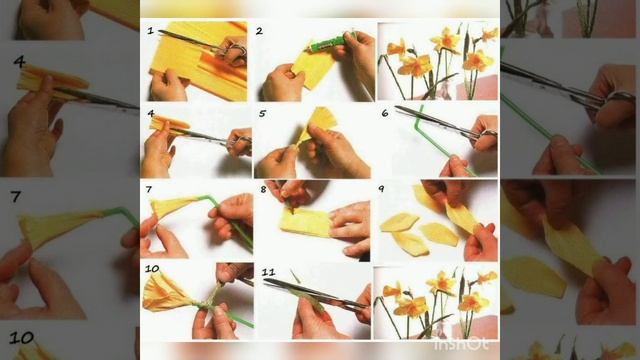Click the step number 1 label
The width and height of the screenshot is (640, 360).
tap(151, 31)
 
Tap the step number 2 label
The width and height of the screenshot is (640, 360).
tap(260, 31)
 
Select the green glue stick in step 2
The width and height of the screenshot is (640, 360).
tap(327, 43)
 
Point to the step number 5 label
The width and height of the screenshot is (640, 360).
tap(262, 113)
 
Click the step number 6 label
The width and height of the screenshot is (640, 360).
tap(384, 113)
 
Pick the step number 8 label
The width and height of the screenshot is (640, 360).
tap(263, 189)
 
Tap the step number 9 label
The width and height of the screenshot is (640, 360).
tap(381, 189)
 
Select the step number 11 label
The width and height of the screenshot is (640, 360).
tap(268, 272)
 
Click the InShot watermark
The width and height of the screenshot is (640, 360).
tap(461, 345)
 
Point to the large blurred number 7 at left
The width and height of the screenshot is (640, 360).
tap(16, 197)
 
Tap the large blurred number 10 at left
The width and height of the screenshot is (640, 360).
tap(21, 338)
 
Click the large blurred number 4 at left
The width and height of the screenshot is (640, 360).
tap(19, 62)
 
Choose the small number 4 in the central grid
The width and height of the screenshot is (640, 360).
tap(151, 113)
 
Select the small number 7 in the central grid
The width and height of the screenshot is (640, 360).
tap(149, 189)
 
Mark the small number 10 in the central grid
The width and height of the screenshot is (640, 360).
tap(152, 269)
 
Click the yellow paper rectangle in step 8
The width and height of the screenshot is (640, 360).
tap(305, 223)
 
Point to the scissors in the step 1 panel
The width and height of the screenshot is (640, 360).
tap(203, 43)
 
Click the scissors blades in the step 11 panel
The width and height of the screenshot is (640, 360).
tap(310, 292)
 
